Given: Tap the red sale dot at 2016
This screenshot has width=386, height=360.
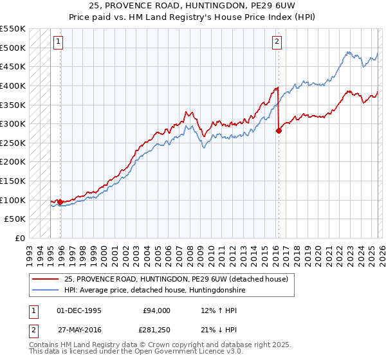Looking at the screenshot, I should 279,130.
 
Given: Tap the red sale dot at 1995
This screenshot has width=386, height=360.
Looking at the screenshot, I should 60,202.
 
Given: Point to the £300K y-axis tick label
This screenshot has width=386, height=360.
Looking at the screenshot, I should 14,123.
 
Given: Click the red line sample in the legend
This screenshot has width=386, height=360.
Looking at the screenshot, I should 46,279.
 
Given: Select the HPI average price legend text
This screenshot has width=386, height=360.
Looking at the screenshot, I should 154,290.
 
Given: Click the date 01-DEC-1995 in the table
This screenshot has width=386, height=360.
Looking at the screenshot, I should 78,310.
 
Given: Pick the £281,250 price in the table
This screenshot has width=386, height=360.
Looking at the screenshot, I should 154,332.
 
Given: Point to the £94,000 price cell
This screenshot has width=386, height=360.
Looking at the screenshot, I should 156,310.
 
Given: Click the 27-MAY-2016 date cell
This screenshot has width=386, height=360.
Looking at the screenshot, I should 78,332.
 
